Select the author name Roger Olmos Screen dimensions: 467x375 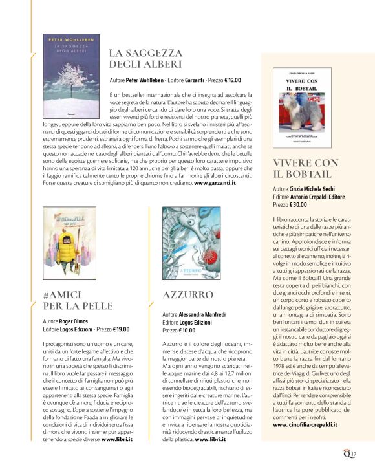click(x=76, y=321)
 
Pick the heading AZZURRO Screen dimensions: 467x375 click(x=188, y=295)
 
